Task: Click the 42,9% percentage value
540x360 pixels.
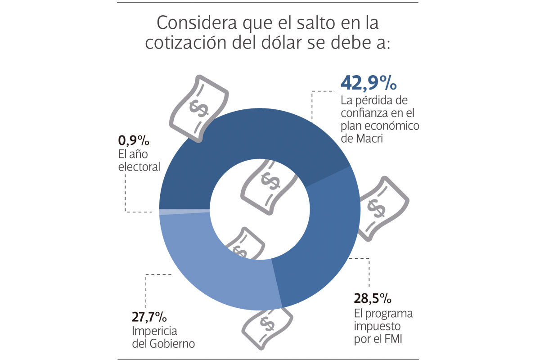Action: point(368,83)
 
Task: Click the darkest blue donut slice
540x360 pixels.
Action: point(252,135)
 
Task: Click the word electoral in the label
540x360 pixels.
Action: point(139,166)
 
